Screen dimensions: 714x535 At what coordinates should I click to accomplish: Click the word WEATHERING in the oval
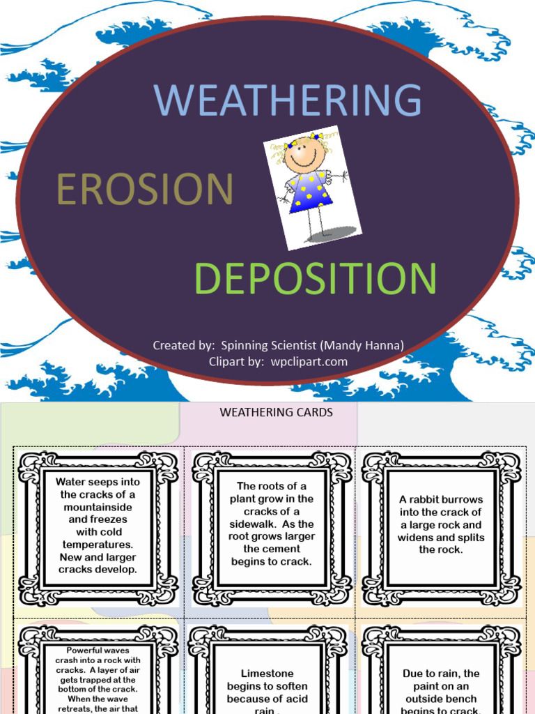[x=288, y=100]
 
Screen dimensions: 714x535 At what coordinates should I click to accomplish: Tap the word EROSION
[x=144, y=189]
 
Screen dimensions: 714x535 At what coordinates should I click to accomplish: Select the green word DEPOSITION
[x=316, y=278]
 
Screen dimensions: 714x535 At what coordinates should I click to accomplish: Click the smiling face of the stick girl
[x=304, y=155]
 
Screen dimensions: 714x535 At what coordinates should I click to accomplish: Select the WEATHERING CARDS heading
[x=277, y=412]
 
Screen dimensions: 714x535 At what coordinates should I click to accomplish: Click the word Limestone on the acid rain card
[x=267, y=674]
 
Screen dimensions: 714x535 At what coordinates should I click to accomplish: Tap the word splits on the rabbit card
[x=466, y=538]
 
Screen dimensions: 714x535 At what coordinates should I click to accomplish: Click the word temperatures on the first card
[x=98, y=545]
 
